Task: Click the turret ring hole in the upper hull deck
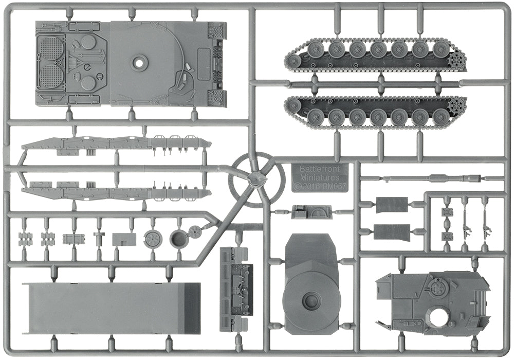click(x=138, y=64)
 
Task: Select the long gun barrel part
click(x=432, y=177)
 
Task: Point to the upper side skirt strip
click(x=116, y=143)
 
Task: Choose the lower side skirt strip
click(x=116, y=192)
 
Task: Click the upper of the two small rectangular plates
click(x=392, y=205)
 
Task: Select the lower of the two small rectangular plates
click(x=392, y=231)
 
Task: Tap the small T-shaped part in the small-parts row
click(x=99, y=238)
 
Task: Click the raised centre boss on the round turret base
click(x=311, y=299)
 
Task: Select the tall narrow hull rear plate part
click(x=236, y=289)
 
